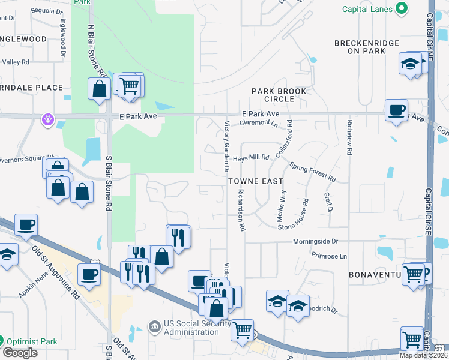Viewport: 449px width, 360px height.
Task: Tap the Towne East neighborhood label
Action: click(256, 180)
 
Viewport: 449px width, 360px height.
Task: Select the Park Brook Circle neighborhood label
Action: click(279, 95)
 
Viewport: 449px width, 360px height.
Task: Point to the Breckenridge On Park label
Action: click(367, 47)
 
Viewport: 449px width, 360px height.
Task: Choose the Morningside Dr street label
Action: click(316, 241)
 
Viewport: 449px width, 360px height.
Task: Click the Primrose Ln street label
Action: click(329, 256)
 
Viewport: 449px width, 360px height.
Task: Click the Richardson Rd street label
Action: click(241, 210)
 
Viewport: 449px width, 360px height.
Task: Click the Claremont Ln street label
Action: click(259, 124)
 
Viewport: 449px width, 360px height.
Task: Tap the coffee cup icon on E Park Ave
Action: click(396, 110)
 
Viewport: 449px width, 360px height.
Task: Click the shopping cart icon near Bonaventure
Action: click(414, 275)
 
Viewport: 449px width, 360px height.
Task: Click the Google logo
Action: click(20, 353)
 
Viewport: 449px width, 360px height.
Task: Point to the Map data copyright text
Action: click(422, 355)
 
